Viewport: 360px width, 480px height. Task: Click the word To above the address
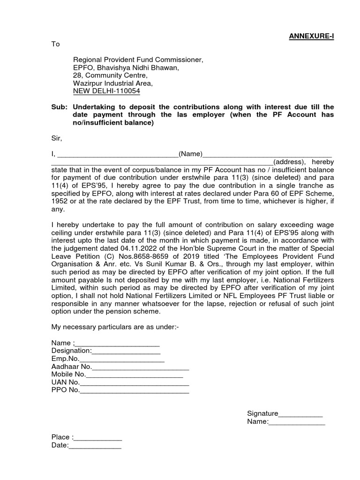pos(56,44)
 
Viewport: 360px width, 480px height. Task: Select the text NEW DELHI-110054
pos(106,91)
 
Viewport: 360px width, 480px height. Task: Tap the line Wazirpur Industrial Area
pos(112,83)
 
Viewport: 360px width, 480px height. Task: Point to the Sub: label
pos(58,107)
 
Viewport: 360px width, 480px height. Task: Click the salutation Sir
pos(57,138)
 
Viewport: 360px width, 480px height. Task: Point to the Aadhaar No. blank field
pos(141,367)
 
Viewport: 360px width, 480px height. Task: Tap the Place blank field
pos(98,437)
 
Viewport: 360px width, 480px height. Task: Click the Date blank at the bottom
pos(95,445)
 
